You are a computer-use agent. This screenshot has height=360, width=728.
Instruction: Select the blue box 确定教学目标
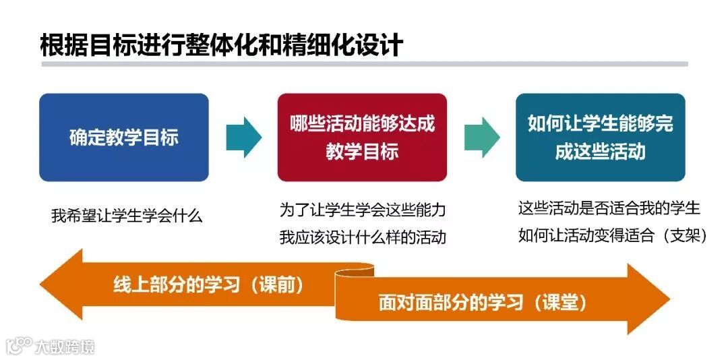point(124,138)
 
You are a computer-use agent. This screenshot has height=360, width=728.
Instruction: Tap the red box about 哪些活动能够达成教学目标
point(362,138)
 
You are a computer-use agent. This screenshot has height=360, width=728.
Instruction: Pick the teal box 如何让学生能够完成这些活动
point(600,138)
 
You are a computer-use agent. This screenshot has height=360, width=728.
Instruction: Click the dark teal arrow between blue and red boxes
point(243,137)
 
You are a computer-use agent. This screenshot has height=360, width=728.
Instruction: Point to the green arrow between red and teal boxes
point(481,137)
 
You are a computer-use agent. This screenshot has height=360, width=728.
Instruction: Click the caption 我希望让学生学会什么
point(127,216)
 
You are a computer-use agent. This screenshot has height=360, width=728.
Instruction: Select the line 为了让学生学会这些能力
point(363,210)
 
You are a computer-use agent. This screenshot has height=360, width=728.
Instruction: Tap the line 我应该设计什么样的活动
point(363,237)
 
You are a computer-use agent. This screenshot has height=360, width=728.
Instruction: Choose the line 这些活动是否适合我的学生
point(609,208)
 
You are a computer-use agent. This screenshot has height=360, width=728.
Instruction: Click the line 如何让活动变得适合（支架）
point(612,236)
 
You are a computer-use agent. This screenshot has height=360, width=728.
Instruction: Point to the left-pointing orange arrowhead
point(61,284)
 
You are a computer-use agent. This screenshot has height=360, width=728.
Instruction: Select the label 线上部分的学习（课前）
point(208,284)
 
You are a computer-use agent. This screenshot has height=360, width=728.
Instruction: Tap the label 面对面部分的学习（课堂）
point(482,303)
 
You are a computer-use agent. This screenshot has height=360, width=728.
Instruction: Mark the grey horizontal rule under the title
point(364,64)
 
